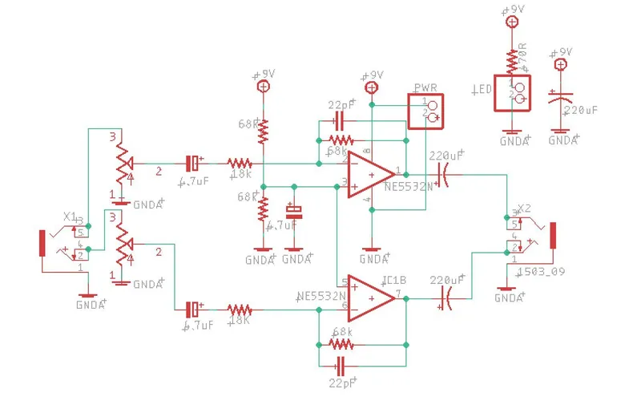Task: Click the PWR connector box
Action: (x=425, y=111)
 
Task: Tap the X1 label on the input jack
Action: (x=70, y=217)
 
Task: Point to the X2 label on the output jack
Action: (x=525, y=209)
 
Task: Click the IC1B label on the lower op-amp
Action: (x=393, y=279)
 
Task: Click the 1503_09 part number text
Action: (x=542, y=271)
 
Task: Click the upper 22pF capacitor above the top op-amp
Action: (x=339, y=121)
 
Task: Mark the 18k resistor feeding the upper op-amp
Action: (x=240, y=163)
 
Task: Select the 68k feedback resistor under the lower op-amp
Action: (x=341, y=344)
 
